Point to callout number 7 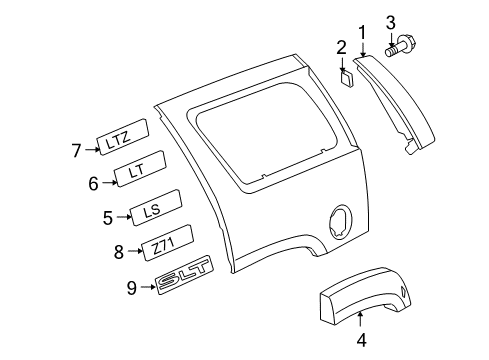(75, 150)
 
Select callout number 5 (108, 215)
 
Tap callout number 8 (120, 251)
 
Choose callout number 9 (130, 289)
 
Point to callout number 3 (390, 22)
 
